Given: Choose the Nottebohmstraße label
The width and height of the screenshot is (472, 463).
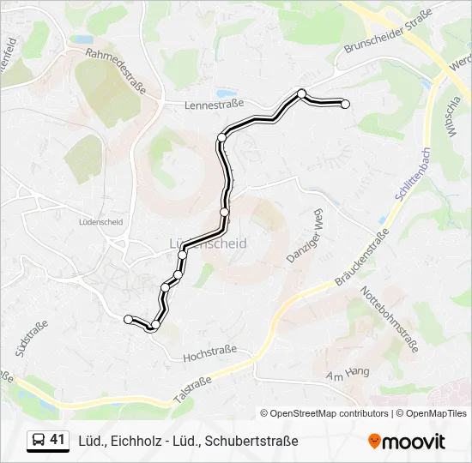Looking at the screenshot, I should coord(390,318).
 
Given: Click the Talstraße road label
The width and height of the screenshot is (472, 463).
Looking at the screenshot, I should coord(192,384).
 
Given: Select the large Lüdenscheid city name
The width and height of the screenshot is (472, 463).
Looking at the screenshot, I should coord(204,244).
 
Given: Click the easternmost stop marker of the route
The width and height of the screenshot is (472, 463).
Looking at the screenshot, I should coord(346,104).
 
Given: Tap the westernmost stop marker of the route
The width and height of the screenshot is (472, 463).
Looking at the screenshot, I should coord(129,319).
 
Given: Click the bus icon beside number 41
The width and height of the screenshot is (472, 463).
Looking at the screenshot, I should coord(39,441).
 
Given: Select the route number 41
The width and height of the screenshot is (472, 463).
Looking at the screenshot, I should coord(57,440).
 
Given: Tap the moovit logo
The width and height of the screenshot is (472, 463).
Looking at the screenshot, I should coord(407,442).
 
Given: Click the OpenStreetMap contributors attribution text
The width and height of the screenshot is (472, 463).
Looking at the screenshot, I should coord(325,413).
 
